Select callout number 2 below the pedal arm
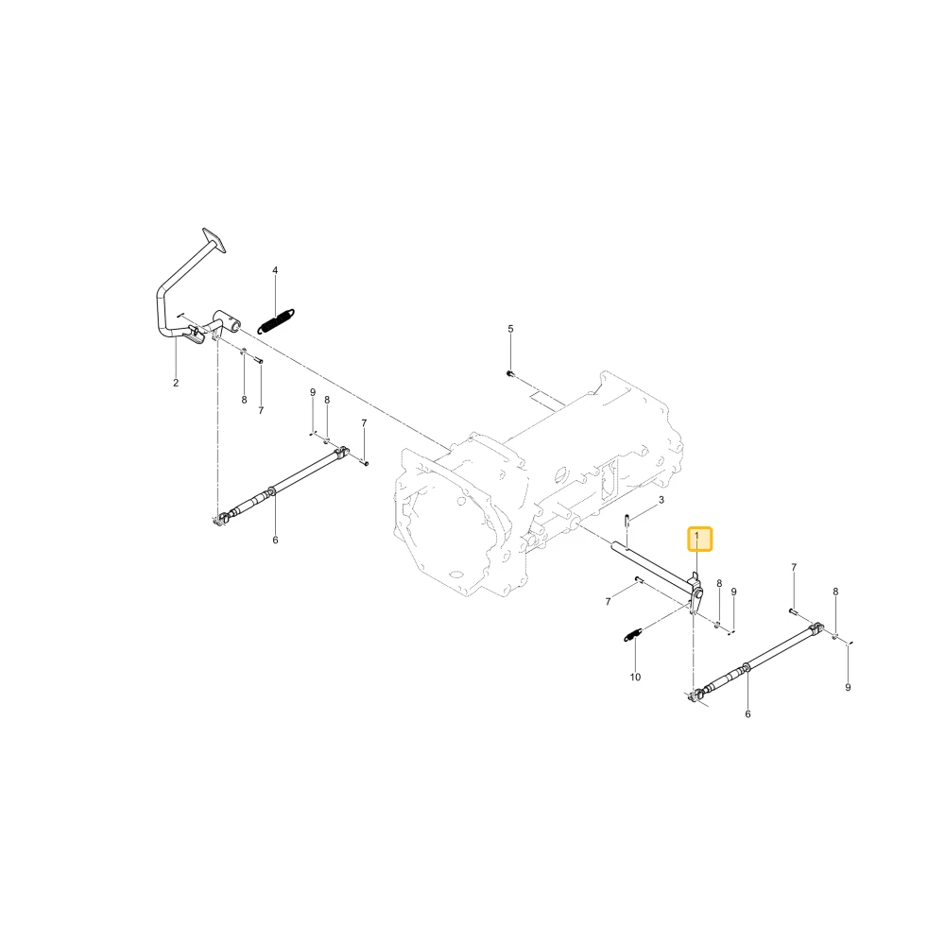176,383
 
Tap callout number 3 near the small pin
661,500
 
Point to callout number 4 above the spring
275,270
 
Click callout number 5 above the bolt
510,329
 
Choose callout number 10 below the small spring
635,677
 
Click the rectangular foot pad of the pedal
215,240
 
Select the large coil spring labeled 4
276,320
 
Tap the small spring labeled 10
632,634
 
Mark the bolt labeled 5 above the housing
509,373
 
